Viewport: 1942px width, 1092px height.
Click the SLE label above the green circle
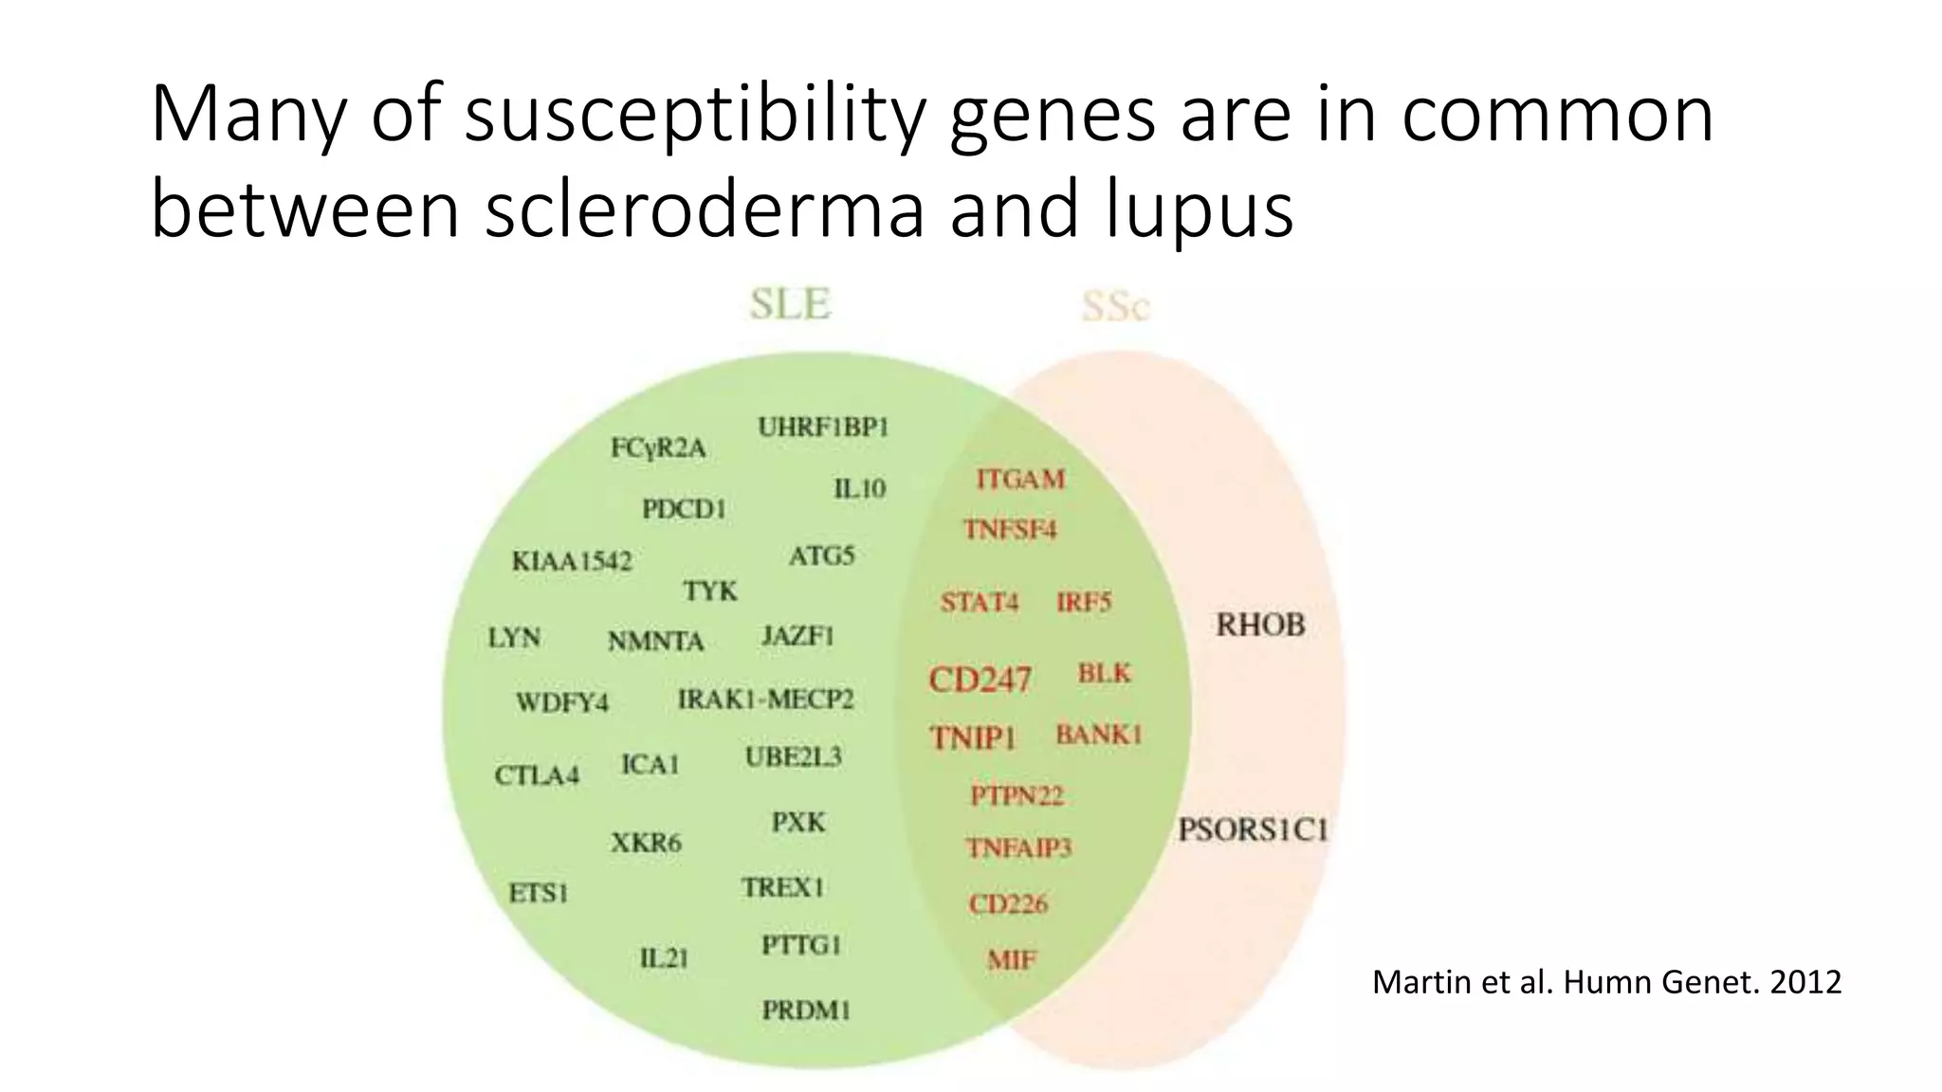[x=790, y=304]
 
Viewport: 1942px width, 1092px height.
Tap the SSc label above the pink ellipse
[x=1115, y=306]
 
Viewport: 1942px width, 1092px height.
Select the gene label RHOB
[x=1260, y=625]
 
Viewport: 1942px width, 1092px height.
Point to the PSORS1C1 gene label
[x=1253, y=830]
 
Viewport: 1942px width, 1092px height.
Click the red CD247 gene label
[x=980, y=680]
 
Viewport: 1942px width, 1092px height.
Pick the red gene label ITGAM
[x=1020, y=480]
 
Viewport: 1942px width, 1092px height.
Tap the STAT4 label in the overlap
[x=980, y=603]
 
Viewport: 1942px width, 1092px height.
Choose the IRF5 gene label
[x=1084, y=603]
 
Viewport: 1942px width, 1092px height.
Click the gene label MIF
[x=1012, y=960]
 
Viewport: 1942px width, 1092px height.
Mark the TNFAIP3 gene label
[x=1018, y=847]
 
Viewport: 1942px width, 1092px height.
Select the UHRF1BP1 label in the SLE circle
[x=823, y=428]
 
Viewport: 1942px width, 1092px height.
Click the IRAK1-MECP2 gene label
[x=765, y=700]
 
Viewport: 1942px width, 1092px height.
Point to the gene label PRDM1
[x=806, y=1010]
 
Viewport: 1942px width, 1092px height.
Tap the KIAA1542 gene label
[x=572, y=561]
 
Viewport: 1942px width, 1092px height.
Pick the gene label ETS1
[x=538, y=893]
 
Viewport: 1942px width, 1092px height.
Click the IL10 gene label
[x=859, y=489]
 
